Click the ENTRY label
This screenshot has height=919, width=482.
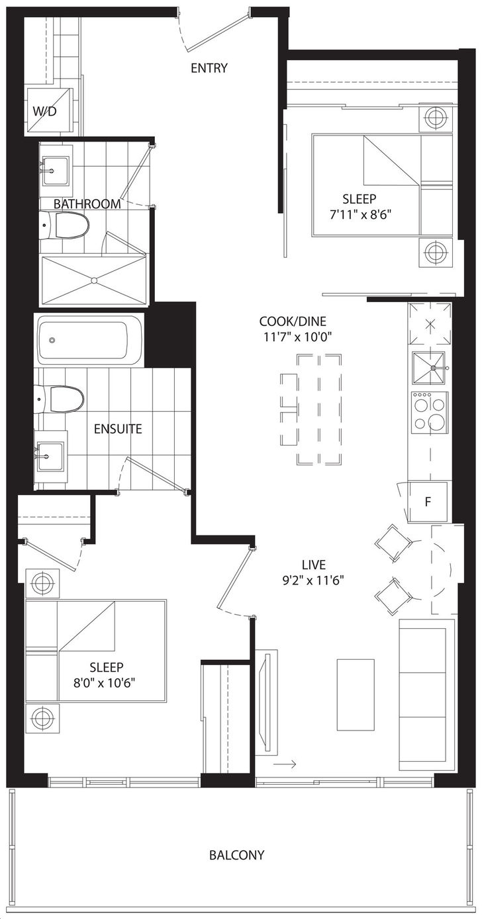209,67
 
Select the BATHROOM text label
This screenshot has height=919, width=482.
87,204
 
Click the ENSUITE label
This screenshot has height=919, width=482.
118,429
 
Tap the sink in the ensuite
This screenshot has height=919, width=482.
50,456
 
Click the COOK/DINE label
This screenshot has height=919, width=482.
293,321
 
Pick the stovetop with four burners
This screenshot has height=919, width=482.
430,413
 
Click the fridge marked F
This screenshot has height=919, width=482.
427,502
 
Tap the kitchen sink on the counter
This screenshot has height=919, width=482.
429,368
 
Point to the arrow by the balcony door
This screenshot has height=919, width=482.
284,764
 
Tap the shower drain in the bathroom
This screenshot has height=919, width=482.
94,280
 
